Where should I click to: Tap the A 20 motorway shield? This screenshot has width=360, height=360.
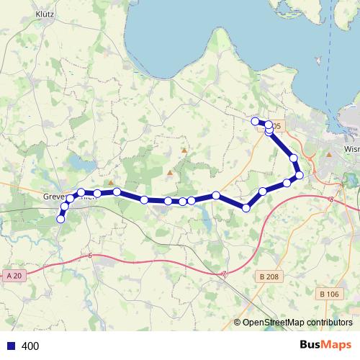point(14,276)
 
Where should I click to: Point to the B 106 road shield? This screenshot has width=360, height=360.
point(329,294)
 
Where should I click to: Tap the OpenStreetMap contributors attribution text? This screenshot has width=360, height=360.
point(297,323)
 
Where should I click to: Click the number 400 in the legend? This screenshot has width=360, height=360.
point(30,346)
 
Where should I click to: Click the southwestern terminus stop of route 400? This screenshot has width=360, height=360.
point(60,219)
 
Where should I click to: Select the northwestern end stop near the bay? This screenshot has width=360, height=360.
point(255,120)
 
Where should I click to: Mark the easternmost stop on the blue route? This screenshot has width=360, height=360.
point(300,175)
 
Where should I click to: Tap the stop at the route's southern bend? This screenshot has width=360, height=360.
point(246,207)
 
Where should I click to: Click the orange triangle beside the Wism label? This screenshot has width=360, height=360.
point(328,153)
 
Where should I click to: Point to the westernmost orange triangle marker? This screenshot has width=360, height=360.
point(110,183)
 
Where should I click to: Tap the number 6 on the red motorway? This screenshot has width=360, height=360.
point(91,256)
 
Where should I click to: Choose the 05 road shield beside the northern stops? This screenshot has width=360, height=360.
point(279,126)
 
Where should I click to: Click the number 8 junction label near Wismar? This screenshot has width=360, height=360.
point(330,199)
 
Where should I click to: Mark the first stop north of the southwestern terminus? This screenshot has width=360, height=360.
point(65,207)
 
